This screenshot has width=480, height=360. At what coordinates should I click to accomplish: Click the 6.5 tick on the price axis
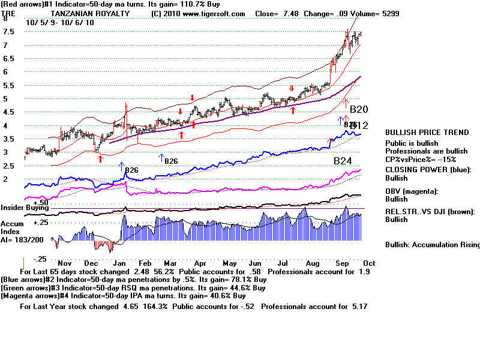8,59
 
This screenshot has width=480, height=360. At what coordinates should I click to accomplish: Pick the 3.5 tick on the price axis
8,139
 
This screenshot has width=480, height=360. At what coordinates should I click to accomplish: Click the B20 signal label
359,109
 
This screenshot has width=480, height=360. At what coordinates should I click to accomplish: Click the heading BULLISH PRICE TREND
427,133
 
